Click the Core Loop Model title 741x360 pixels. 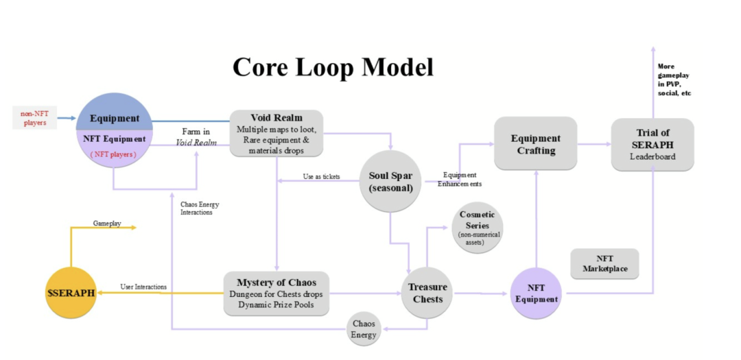tap(333, 67)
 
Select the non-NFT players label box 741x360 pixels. tap(33, 117)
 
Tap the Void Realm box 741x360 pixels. tap(277, 133)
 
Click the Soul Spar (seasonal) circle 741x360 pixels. tap(390, 181)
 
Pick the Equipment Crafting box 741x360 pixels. tap(536, 143)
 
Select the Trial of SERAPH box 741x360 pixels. tap(652, 144)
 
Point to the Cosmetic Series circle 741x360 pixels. tap(478, 227)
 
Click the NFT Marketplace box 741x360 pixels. tap(604, 263)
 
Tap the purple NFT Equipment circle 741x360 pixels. tap(537, 293)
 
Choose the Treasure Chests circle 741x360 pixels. tap(427, 293)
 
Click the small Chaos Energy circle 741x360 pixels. tap(364, 329)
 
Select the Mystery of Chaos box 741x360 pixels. tap(276, 293)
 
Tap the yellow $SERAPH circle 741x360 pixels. tap(71, 293)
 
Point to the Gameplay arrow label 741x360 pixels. tap(106, 223)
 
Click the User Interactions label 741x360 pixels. tap(143, 286)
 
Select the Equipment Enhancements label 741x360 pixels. tap(462, 179)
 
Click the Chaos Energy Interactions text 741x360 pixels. tap(200, 208)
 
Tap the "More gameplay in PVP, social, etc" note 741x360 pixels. tap(672, 80)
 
